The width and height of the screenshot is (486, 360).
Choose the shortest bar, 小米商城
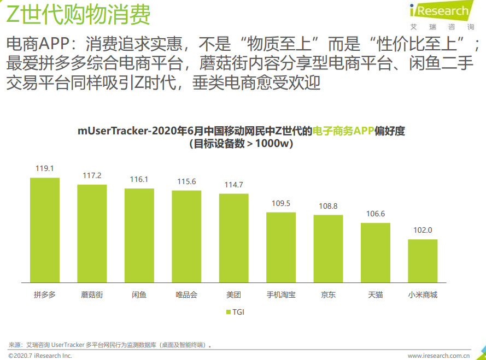click(423, 261)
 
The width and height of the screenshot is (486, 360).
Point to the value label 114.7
click(233, 185)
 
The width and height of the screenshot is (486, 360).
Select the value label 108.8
click(328, 206)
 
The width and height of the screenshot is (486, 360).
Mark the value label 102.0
click(423, 231)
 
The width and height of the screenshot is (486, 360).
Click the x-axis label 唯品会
click(186, 295)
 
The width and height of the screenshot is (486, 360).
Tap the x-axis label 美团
click(233, 295)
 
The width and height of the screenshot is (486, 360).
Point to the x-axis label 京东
click(328, 295)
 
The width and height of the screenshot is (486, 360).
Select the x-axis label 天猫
click(376, 295)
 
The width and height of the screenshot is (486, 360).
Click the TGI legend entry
click(235, 312)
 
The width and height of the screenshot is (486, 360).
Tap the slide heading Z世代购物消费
click(78, 15)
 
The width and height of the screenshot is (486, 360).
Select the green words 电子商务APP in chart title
click(343, 131)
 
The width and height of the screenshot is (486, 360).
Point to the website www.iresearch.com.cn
click(443, 356)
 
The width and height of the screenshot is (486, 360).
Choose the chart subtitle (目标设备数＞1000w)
click(241, 144)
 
